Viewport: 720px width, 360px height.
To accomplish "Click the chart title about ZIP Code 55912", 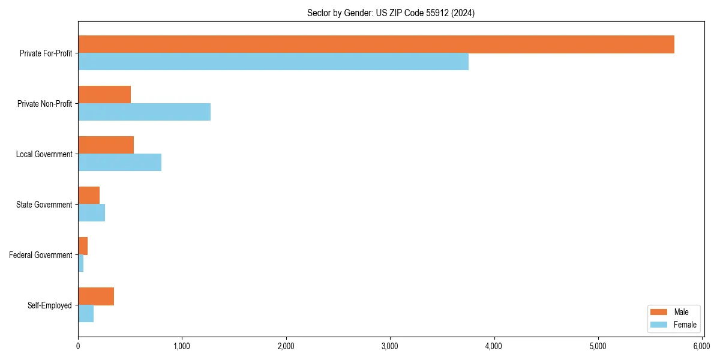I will coord(391,13).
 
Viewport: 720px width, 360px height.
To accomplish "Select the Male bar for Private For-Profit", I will coord(376,44).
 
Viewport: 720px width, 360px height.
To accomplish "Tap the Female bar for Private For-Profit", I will coord(273,62).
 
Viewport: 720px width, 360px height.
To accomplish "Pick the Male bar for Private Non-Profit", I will coord(104,95).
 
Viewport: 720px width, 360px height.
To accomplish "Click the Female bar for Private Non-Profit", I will coord(144,112).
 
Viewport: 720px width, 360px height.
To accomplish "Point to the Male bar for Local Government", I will coord(106,145).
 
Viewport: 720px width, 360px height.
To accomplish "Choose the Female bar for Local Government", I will coord(119,163).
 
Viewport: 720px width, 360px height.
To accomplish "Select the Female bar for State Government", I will coord(91,213).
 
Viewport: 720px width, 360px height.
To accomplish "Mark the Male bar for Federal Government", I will coord(83,246).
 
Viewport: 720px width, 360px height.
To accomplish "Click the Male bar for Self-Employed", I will coord(96,296).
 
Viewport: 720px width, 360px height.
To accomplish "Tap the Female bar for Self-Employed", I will coord(86,314).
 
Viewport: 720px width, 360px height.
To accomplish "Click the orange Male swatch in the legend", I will coord(659,312).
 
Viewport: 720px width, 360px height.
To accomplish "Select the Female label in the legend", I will coord(685,325).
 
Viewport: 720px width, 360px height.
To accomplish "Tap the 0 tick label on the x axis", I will coord(78,346).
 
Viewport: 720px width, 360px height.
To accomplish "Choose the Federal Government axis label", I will coord(41,255).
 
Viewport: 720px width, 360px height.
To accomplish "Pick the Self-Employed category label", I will coord(50,305).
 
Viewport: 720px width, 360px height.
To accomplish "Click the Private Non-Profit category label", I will coord(44,104).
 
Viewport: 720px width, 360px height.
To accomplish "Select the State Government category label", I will coord(44,205).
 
